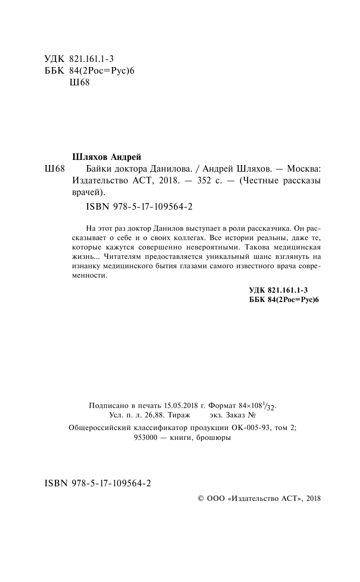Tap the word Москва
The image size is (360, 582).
304,168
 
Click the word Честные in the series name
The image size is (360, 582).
258,180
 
